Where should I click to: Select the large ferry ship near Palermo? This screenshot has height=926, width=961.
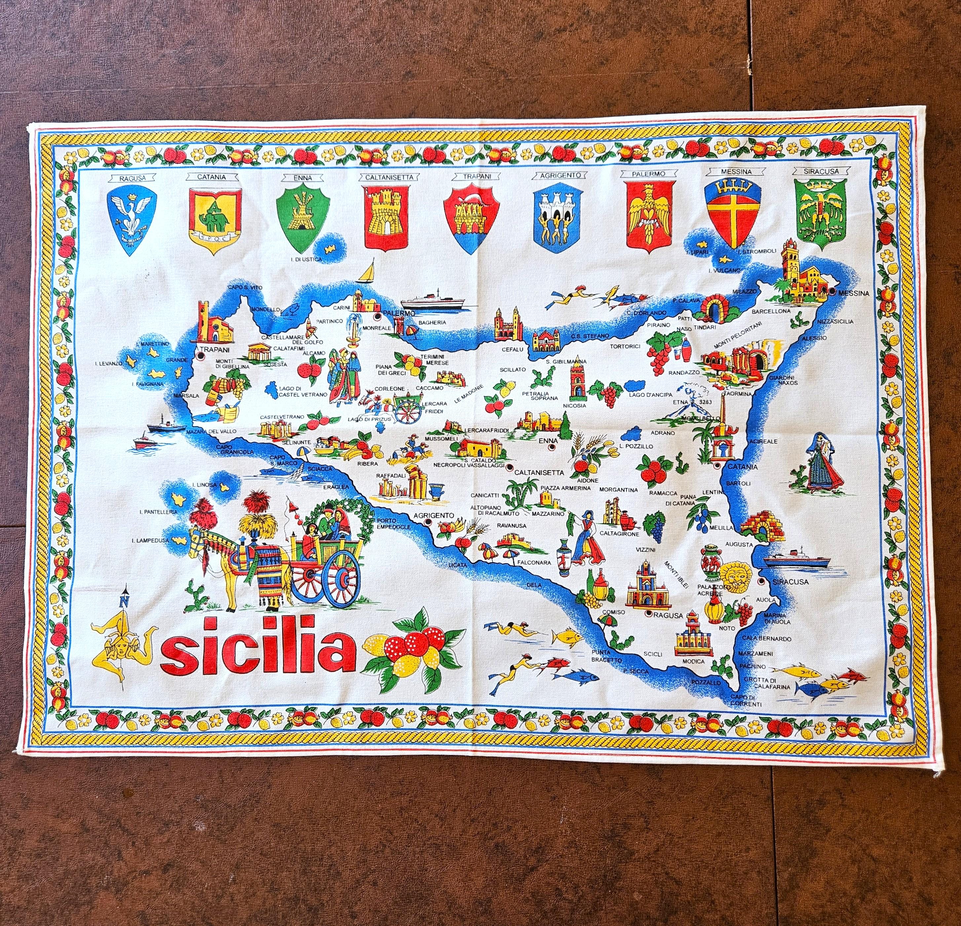(431, 300)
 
